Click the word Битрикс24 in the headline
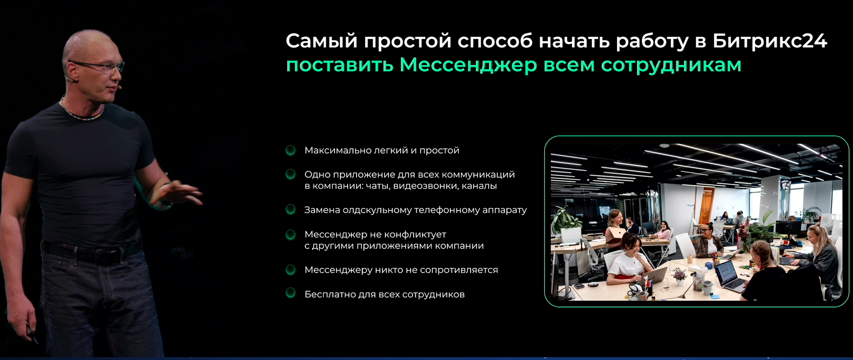coord(770,41)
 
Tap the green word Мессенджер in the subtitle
coord(468,65)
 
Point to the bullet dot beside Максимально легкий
coord(291,150)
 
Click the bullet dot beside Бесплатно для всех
coord(291,293)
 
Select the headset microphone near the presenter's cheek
coord(120,88)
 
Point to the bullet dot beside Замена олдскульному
coord(291,209)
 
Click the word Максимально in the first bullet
coord(338,151)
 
